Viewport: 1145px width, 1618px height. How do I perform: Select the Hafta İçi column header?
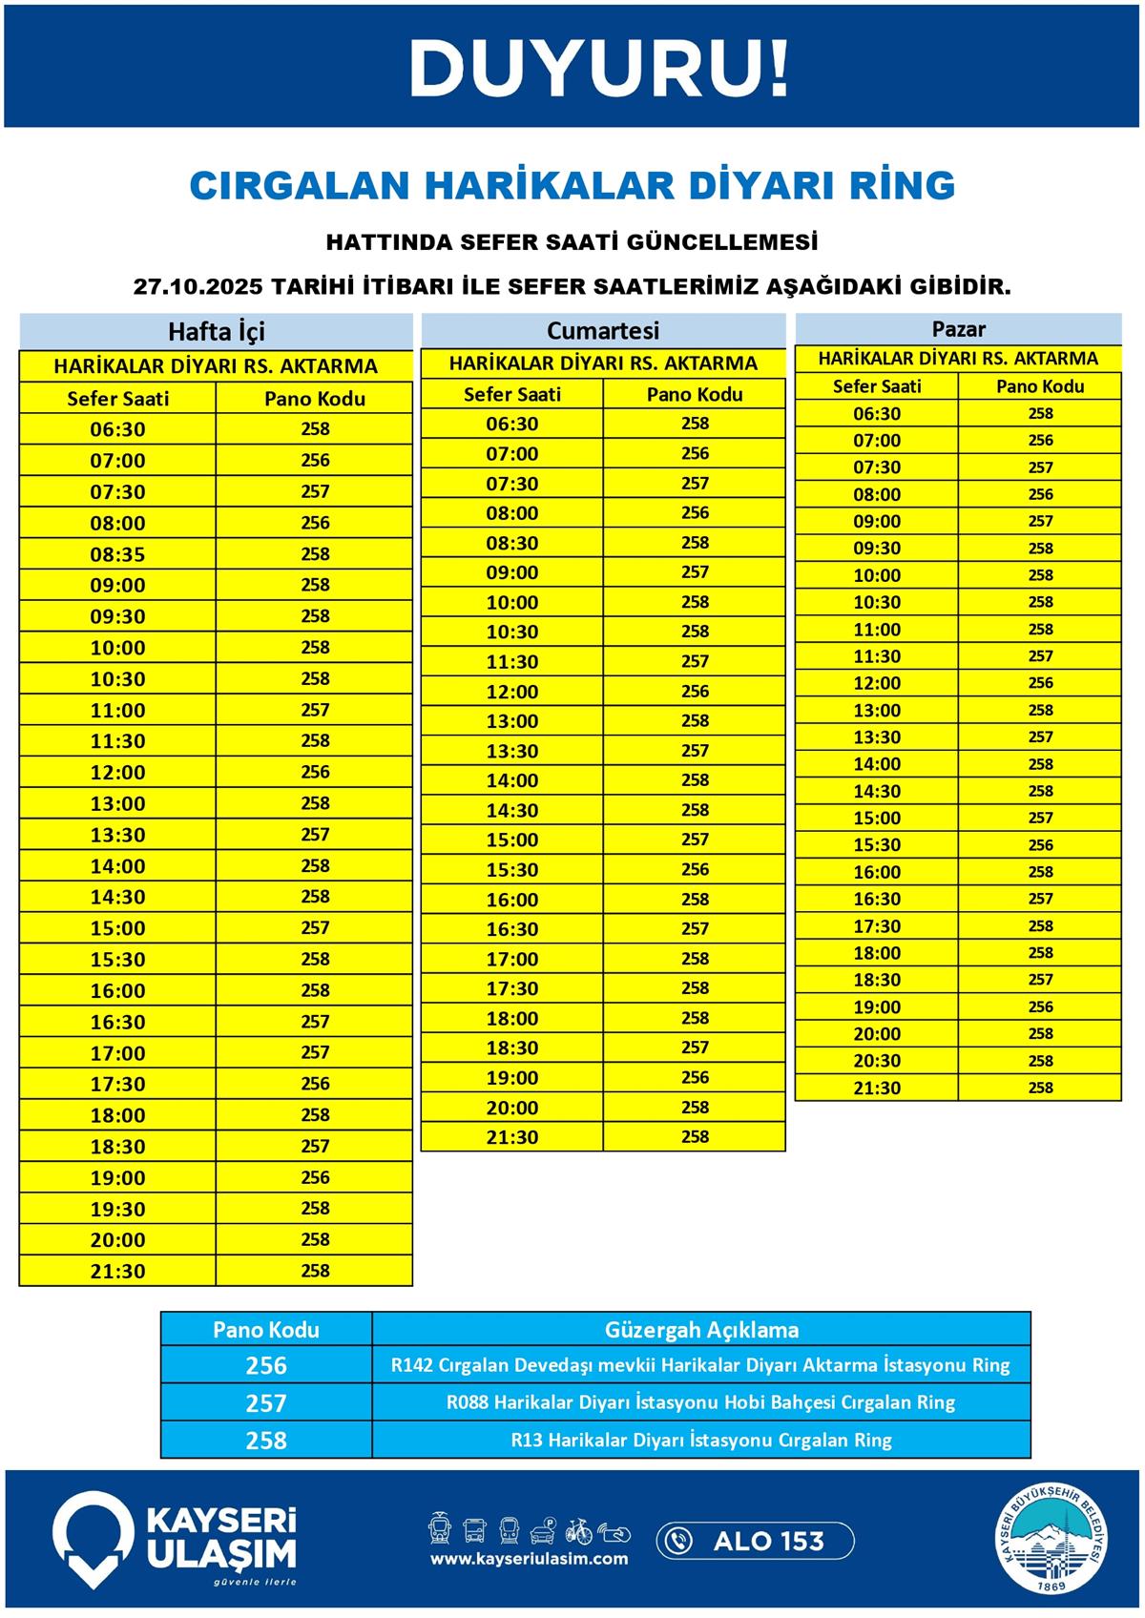(x=216, y=331)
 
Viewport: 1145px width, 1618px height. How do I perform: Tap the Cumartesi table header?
(x=602, y=330)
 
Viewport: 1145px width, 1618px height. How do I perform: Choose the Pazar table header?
(x=958, y=329)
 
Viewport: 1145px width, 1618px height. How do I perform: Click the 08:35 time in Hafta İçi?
(x=118, y=554)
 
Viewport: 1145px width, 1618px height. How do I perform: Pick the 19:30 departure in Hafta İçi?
(x=118, y=1209)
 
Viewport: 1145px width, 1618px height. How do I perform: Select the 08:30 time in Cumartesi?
(x=512, y=543)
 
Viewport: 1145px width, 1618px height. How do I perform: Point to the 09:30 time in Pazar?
(x=877, y=549)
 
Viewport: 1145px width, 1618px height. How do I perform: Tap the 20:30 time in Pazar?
(x=877, y=1061)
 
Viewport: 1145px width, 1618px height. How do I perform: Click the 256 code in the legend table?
(x=265, y=1365)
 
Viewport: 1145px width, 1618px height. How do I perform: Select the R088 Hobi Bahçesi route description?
(x=700, y=1402)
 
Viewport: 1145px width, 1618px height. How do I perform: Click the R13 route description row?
(x=700, y=1441)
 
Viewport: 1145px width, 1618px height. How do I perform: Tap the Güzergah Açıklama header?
(x=701, y=1330)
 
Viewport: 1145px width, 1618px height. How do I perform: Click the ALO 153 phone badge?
(x=755, y=1541)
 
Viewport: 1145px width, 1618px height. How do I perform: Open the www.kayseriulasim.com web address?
(x=529, y=1559)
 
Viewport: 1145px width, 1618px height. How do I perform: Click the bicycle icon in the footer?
(x=578, y=1531)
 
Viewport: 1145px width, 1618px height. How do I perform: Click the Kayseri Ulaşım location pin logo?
(x=92, y=1538)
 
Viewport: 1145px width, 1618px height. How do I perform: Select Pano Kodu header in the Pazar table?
(x=1040, y=386)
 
